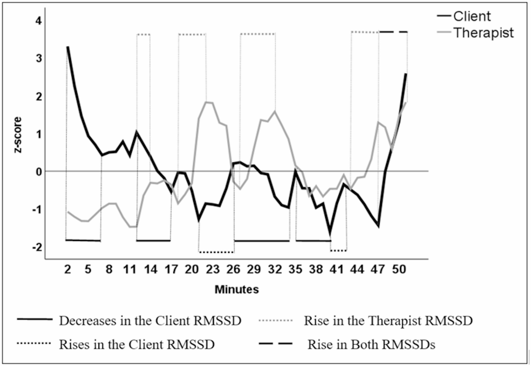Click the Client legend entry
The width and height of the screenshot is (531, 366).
click(x=472, y=16)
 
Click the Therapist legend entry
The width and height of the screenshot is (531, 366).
click(x=483, y=33)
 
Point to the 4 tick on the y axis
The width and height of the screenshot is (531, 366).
click(x=39, y=21)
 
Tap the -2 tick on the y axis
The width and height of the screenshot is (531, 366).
click(x=37, y=247)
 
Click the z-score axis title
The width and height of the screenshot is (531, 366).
click(x=18, y=135)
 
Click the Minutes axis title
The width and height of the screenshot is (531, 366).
click(x=237, y=290)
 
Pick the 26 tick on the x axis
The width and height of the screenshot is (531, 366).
click(x=233, y=270)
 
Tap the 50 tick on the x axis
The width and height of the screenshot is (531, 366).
click(x=399, y=270)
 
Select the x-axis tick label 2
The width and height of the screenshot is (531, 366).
click(x=68, y=270)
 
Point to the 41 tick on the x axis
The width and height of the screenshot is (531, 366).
click(x=337, y=270)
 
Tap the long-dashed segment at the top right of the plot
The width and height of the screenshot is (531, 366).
click(x=393, y=32)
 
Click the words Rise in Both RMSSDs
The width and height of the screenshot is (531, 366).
click(x=371, y=345)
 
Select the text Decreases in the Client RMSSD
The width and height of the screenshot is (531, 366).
click(x=150, y=321)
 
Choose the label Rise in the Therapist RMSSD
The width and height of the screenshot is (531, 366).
click(x=388, y=321)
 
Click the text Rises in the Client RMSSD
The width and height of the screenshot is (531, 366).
click(x=137, y=345)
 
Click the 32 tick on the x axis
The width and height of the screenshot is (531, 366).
click(x=275, y=270)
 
